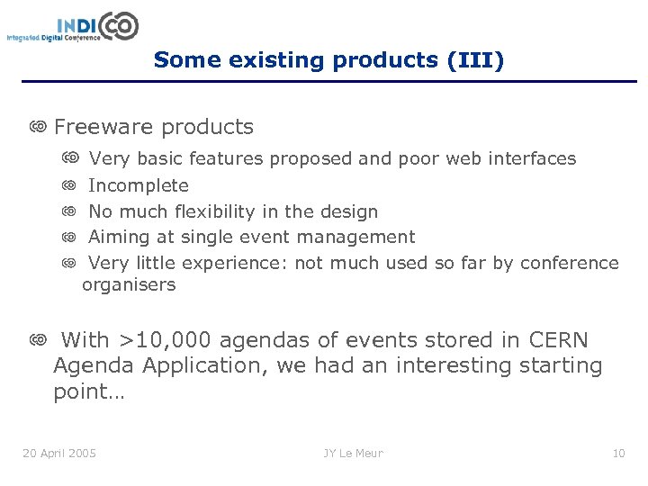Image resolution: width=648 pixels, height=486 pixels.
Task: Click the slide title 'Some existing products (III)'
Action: tap(328, 60)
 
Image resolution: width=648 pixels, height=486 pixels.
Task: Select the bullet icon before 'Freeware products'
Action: tap(38, 128)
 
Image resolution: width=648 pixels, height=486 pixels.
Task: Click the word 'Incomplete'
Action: tap(139, 186)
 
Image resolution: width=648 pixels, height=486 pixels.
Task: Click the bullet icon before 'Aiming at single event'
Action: tap(69, 238)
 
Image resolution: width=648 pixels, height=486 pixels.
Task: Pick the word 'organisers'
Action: tap(129, 285)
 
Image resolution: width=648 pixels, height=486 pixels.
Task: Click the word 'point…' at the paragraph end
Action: tap(89, 393)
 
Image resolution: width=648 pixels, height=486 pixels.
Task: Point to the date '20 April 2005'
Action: tap(59, 453)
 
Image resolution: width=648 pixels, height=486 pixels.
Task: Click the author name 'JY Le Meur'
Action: tap(353, 453)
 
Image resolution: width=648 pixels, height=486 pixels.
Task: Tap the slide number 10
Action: tap(618, 453)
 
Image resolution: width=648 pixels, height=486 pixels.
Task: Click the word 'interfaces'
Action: tap(532, 159)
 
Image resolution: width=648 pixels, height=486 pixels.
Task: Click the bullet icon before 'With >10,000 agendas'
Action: tap(38, 340)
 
